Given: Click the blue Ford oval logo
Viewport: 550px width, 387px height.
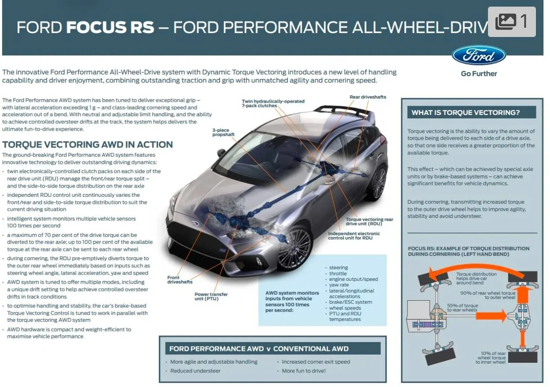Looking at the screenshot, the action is [479, 55].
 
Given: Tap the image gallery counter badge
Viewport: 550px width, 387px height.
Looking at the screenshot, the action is [512, 22].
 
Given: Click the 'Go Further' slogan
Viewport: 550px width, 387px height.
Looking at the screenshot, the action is [479, 74].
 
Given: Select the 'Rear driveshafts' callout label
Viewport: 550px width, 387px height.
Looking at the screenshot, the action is [367, 97].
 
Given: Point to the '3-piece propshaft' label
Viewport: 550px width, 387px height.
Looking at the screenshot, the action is [223, 132].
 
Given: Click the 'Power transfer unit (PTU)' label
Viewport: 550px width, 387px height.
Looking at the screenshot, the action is [211, 296].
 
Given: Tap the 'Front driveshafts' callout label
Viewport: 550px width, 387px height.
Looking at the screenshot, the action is [180, 280].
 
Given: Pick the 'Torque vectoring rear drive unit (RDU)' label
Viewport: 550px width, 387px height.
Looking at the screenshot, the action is [369, 221].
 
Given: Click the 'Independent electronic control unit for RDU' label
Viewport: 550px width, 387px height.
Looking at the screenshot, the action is [354, 236].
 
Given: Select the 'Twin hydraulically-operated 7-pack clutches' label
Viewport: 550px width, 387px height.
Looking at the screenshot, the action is [273, 103].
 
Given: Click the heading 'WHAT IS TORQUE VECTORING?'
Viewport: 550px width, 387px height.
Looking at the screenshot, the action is [466, 113].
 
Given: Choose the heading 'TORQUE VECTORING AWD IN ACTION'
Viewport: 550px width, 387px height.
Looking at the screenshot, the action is [88, 144].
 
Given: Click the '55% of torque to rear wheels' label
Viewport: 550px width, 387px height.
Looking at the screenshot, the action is [462, 308].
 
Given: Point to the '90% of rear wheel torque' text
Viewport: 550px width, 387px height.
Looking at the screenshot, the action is [488, 293].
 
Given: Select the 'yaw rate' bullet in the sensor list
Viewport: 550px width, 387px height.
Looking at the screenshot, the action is [339, 285].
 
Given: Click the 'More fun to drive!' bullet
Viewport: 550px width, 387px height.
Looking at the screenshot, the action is [304, 371].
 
